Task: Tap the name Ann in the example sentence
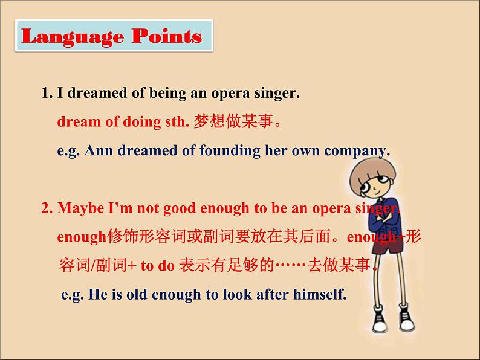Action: click(x=96, y=151)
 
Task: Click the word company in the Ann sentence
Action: click(x=357, y=151)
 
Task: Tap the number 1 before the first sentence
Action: click(x=45, y=94)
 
